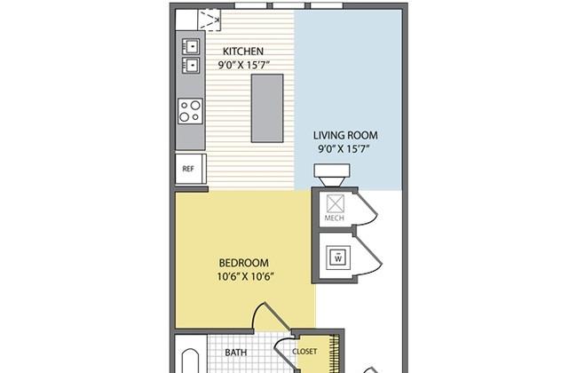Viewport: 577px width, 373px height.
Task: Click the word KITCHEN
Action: tap(242, 51)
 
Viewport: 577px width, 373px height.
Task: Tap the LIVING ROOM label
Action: tap(345, 136)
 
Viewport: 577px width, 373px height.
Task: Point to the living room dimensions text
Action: tap(345, 149)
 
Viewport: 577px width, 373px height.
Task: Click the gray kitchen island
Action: tap(267, 107)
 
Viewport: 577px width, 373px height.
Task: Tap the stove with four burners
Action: tap(190, 110)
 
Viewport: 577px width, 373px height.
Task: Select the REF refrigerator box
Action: tap(189, 168)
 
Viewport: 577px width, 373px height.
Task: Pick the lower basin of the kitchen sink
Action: tap(190, 64)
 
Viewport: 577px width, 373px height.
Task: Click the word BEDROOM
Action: tap(243, 263)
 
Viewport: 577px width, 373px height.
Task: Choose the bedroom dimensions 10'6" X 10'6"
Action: tap(245, 276)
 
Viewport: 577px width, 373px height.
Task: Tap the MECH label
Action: tap(335, 218)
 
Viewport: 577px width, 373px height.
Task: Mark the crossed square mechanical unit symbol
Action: tap(336, 202)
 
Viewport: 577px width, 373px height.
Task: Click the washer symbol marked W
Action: tap(337, 258)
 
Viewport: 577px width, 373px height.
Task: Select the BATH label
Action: tap(236, 353)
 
